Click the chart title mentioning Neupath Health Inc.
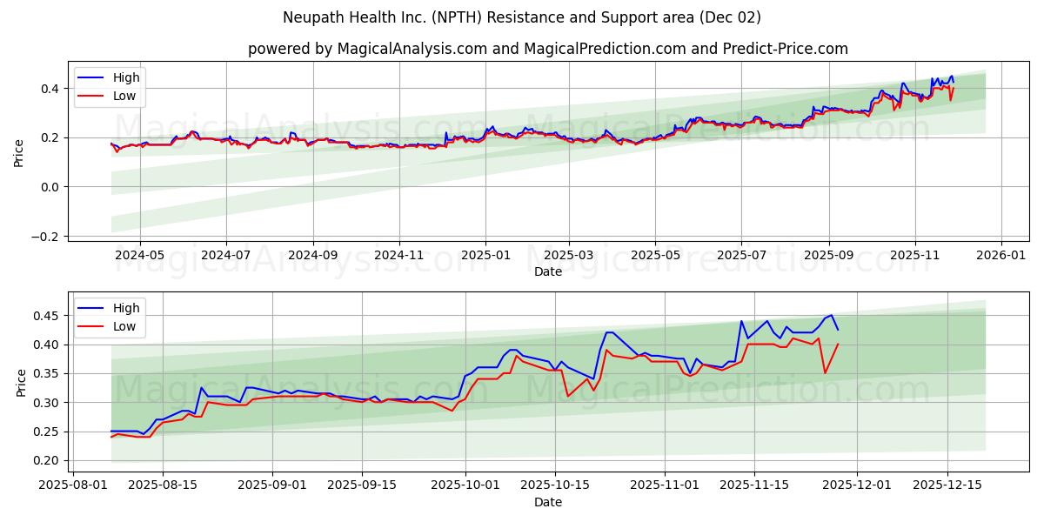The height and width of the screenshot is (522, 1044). click(x=522, y=17)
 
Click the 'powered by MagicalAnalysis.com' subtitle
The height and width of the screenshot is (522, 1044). click(x=548, y=49)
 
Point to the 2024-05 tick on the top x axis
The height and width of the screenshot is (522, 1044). click(x=139, y=256)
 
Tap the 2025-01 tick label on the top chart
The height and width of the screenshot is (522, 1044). click(x=485, y=256)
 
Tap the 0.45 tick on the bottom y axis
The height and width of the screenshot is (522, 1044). click(x=47, y=316)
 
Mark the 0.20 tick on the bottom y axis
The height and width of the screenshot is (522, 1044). click(x=47, y=461)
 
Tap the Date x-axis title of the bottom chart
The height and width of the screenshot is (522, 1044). click(x=548, y=503)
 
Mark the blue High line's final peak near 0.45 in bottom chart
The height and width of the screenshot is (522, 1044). click(x=831, y=315)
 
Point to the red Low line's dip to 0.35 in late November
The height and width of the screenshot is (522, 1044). click(x=825, y=373)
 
